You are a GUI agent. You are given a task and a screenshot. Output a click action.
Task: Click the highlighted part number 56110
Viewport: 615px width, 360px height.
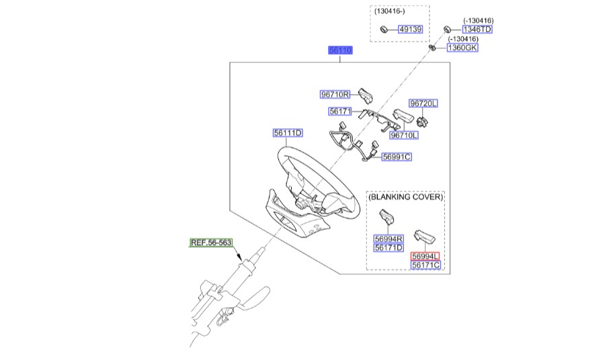tap(340, 51)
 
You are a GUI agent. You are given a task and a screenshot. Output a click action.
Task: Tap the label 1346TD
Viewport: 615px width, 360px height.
tap(477, 30)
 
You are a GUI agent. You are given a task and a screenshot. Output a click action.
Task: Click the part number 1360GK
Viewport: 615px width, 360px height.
tap(462, 48)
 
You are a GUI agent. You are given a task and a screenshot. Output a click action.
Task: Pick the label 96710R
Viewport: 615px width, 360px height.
tap(335, 95)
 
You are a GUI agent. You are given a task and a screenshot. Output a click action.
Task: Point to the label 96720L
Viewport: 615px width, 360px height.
tap(423, 103)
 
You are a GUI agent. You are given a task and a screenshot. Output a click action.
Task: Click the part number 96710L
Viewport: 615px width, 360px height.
tap(404, 135)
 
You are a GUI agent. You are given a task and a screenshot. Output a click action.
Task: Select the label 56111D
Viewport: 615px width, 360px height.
tap(288, 133)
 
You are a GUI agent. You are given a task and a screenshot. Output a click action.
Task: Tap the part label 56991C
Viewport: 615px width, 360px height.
tap(396, 156)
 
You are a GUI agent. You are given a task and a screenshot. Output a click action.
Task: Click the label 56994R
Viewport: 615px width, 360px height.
tap(388, 238)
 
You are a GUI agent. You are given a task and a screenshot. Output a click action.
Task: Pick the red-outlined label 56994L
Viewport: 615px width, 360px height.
tap(425, 257)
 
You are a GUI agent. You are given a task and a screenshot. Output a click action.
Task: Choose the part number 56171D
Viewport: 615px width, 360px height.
tap(388, 247)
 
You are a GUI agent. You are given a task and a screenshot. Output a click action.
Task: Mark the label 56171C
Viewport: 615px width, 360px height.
tap(425, 265)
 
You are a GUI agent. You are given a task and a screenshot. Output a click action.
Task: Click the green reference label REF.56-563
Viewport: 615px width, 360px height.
tap(211, 243)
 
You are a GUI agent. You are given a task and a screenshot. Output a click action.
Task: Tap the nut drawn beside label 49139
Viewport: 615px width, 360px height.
tap(384, 30)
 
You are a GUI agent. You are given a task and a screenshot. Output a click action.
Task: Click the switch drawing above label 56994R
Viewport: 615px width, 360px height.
tap(388, 218)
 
